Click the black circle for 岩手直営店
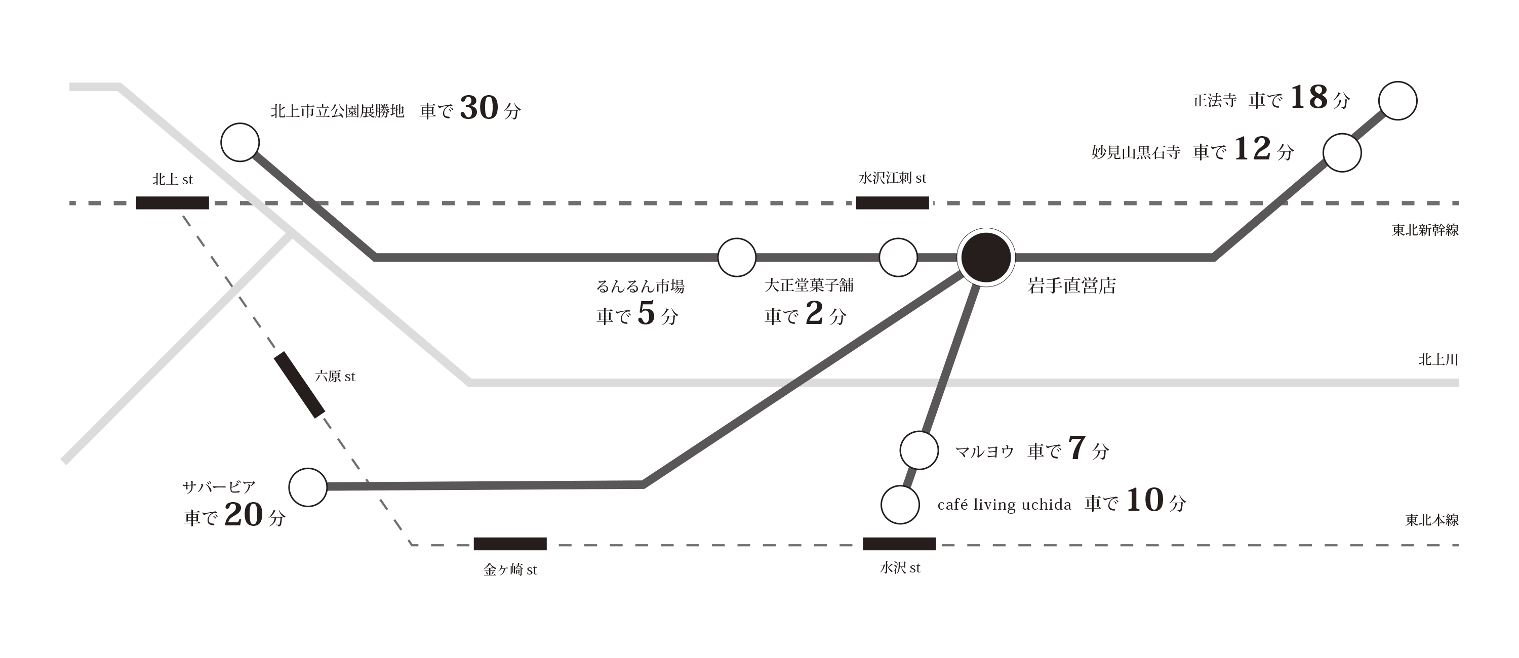985,258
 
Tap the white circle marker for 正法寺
1397,101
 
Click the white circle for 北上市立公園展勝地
240,142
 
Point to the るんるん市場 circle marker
737,257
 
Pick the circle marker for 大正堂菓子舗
898,257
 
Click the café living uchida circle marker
900,505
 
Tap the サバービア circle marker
308,487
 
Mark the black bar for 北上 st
172,203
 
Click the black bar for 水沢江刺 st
892,203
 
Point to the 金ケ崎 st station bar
510,544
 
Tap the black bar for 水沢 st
899,544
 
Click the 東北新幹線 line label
1425,230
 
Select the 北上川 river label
1437,360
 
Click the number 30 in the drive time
479,108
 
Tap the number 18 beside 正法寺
1308,97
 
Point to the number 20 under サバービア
243,515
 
